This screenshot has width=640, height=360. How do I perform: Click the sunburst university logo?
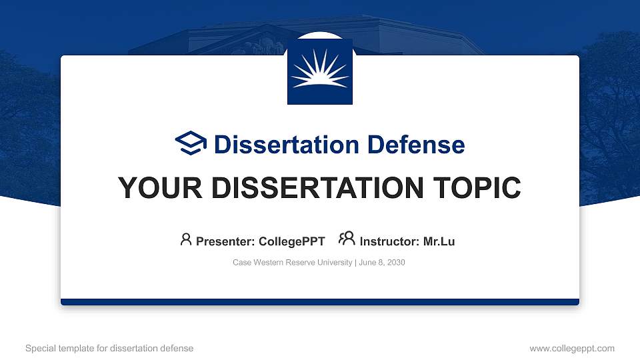(319, 71)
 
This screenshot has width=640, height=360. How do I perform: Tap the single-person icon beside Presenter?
(186, 239)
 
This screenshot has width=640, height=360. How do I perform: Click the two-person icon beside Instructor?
(347, 239)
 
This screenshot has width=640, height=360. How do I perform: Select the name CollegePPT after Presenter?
(291, 241)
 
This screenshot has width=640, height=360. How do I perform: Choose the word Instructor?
(389, 241)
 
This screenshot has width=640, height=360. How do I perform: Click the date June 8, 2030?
(382, 263)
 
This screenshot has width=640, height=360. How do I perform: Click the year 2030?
(396, 263)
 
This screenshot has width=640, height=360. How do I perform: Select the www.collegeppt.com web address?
(572, 348)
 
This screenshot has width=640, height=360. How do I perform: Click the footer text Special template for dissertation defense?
(109, 348)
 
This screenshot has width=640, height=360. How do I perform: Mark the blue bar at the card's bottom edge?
(319, 302)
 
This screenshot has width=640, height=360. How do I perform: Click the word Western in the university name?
(267, 263)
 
